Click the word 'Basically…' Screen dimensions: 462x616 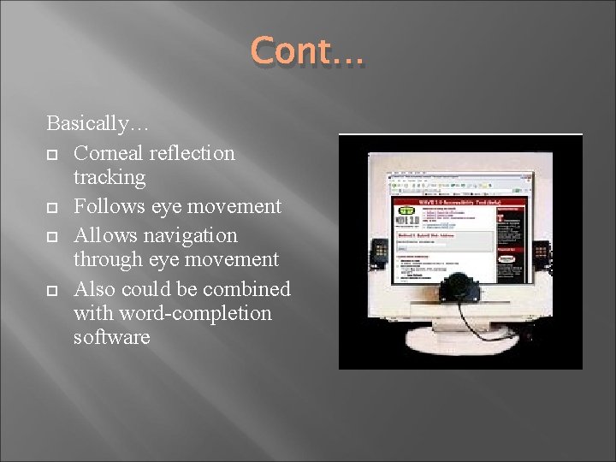click(98, 124)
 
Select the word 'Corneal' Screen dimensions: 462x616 click(108, 153)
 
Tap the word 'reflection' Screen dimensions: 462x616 click(192, 153)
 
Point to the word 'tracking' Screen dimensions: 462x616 click(110, 178)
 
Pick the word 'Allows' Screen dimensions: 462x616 click(103, 234)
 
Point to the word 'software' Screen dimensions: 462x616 click(112, 337)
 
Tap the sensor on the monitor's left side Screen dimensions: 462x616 click(380, 252)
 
